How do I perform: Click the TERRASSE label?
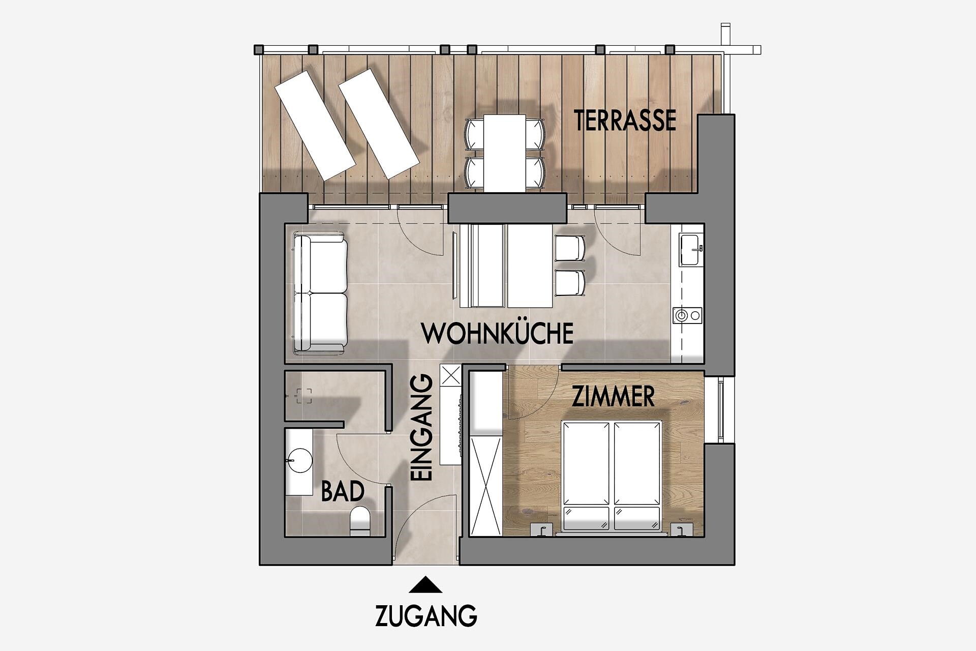(x=625, y=120)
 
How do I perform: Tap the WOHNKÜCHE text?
(x=498, y=334)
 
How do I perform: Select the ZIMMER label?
(x=613, y=397)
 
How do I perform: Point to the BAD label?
(x=343, y=491)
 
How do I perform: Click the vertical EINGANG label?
(x=421, y=428)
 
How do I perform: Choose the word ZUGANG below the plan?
(x=426, y=615)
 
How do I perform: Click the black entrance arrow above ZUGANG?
(x=425, y=585)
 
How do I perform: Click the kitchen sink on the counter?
(x=691, y=250)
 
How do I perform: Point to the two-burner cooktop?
(x=687, y=315)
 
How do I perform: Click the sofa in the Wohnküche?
(x=320, y=293)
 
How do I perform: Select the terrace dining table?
(x=504, y=153)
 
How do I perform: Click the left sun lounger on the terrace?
(x=315, y=125)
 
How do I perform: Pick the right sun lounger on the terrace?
(x=379, y=124)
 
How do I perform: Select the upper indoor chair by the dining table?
(x=570, y=248)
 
